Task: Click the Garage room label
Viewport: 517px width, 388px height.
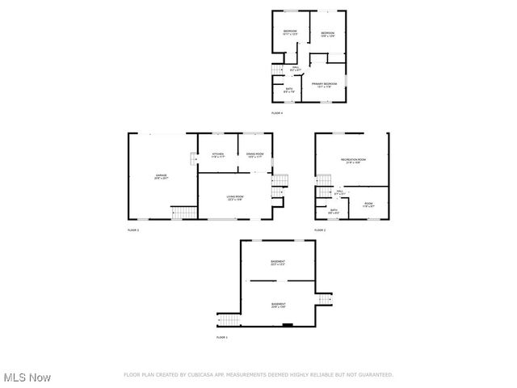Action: [x=161, y=175]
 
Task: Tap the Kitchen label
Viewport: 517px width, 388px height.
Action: [x=217, y=154]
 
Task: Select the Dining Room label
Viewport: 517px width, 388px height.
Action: [x=254, y=154]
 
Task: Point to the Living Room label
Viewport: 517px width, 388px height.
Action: [x=235, y=196]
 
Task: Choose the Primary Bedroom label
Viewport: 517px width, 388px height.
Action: [x=324, y=83]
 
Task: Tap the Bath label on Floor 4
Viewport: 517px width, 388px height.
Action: [x=289, y=90]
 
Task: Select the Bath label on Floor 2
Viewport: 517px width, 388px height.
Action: [x=334, y=211]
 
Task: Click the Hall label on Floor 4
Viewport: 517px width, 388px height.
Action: [x=296, y=68]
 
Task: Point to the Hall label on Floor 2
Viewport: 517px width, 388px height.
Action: [x=340, y=192]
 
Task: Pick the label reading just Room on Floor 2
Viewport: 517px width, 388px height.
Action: [x=368, y=205]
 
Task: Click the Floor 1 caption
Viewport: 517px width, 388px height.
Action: [x=221, y=336]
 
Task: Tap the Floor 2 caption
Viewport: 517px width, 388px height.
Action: [x=320, y=230]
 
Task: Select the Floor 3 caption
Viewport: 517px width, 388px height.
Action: [x=133, y=230]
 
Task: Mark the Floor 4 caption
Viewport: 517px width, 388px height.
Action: [x=277, y=112]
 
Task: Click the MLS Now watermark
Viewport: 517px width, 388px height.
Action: [x=27, y=377]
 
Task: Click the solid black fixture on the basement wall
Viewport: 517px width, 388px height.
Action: [x=287, y=325]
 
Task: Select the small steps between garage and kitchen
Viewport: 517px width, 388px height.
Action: [x=194, y=158]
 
